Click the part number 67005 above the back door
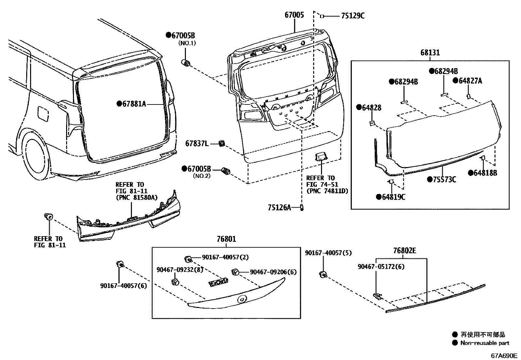294,15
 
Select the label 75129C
352,16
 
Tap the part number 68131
430,53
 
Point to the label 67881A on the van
134,104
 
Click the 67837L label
197,143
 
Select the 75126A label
279,207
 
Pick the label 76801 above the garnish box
226,239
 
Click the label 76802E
404,251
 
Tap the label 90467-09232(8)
180,269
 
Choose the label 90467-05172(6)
381,267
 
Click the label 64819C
393,197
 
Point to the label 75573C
444,180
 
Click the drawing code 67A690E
503,355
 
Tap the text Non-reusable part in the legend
485,343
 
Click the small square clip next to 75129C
322,16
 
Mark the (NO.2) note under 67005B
201,176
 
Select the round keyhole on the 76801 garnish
243,299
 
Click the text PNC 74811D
327,191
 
